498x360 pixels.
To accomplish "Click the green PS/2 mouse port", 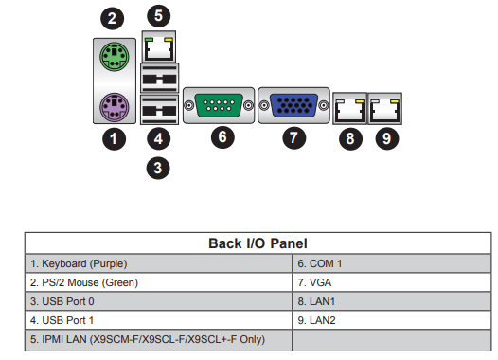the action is coord(115,57).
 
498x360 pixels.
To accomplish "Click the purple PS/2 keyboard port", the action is coord(115,107).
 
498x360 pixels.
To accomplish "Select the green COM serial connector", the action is coord(219,105).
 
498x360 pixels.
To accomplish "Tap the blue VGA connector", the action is coord(293,105).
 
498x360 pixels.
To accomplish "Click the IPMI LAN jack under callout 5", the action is coord(159,46).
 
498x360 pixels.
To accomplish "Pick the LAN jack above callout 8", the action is coord(350,109).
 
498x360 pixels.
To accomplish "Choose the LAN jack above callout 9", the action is coord(385,109).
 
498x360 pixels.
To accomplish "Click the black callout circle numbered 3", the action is coord(158,168).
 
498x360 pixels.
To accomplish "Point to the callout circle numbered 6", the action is coord(222,137).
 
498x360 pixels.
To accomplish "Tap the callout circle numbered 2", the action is coord(112,18).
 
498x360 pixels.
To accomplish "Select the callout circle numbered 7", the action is coord(294,137).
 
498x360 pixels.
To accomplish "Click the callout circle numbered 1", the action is coord(114,138).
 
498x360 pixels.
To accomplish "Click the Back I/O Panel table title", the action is coord(258,243).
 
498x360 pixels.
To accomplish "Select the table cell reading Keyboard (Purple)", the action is coord(158,263).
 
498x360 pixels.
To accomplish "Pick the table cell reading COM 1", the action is coord(392,263).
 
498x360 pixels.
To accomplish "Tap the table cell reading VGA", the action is coord(392,282).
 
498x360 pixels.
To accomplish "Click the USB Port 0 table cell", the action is coord(158,301).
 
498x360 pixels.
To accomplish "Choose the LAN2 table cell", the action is coord(392,320).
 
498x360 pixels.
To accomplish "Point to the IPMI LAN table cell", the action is coord(158,340).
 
